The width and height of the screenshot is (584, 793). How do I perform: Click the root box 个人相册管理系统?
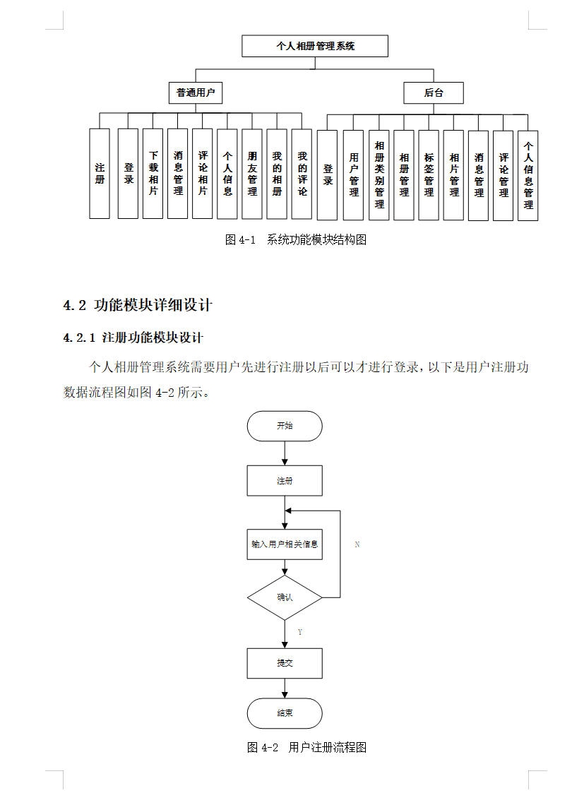[x=315, y=47]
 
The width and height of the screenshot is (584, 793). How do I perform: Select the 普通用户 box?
[x=196, y=93]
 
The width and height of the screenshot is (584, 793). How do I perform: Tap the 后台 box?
[x=434, y=93]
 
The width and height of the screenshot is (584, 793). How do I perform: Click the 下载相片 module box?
[x=153, y=173]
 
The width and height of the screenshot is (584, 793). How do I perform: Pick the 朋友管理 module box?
[x=252, y=173]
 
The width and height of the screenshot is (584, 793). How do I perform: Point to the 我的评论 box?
[x=302, y=173]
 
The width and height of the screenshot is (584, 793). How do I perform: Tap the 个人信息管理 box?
[x=528, y=176]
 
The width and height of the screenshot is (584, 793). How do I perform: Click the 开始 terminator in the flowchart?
[x=285, y=427]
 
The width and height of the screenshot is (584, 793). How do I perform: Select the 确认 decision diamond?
[x=285, y=597]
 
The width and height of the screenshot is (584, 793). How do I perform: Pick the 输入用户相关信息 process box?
[x=285, y=544]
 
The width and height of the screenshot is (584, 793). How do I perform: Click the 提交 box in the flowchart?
[x=285, y=663]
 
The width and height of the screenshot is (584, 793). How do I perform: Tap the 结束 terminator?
[x=285, y=713]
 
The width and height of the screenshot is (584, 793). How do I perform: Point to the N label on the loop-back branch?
[x=357, y=545]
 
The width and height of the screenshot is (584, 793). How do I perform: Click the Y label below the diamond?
[x=300, y=632]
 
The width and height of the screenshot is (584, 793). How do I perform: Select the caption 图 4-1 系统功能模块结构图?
[x=296, y=240]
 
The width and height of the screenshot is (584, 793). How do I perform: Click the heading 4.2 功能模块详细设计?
[x=138, y=306]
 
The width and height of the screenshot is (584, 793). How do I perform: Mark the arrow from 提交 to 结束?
[x=285, y=688]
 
